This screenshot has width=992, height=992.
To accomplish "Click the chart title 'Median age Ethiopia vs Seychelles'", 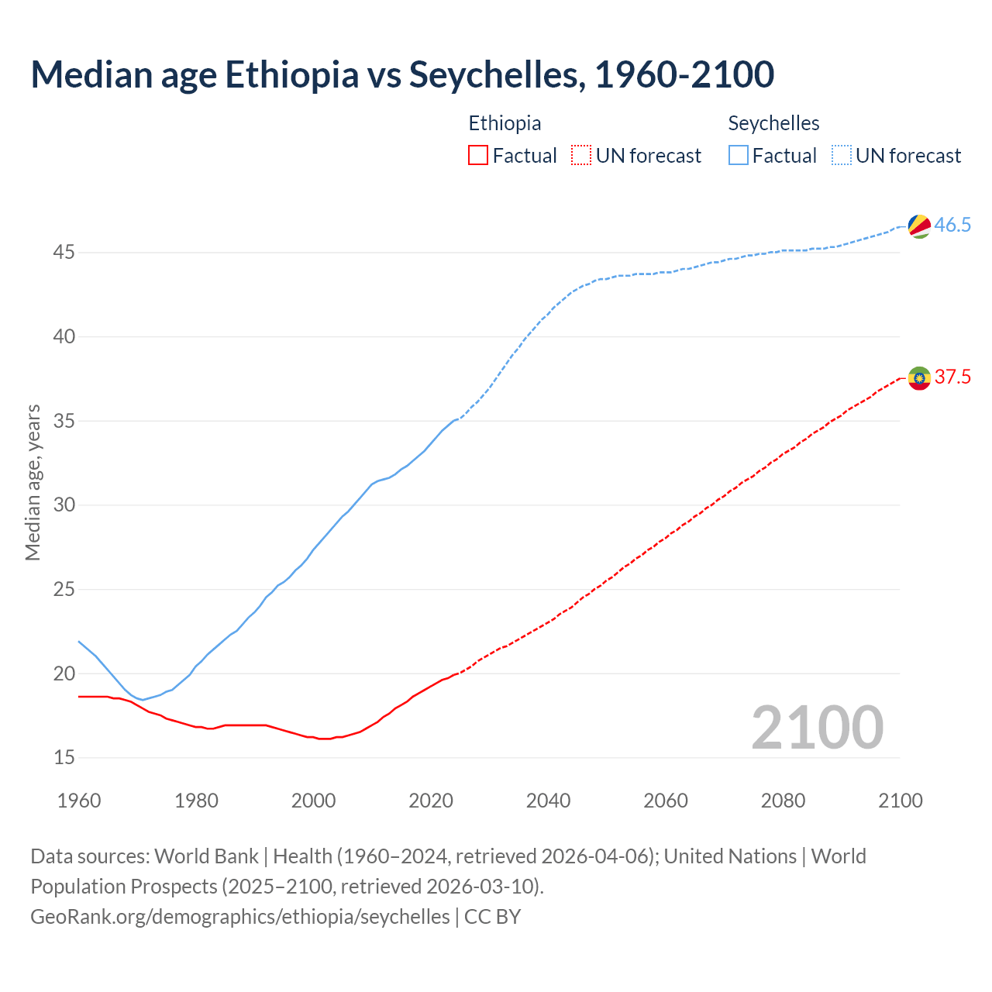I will [x=401, y=74].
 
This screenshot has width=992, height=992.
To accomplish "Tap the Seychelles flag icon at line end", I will [x=919, y=226].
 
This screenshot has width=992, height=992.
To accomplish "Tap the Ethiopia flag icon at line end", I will [x=919, y=378].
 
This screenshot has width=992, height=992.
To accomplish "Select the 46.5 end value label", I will [x=952, y=226].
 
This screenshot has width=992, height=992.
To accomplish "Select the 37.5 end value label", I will [x=952, y=377].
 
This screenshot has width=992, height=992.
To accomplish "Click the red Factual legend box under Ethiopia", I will [x=478, y=156].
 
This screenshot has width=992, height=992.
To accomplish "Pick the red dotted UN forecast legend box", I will [x=581, y=156].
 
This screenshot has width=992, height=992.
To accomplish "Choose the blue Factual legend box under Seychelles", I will [x=739, y=156].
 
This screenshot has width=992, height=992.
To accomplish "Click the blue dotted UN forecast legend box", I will [x=842, y=156].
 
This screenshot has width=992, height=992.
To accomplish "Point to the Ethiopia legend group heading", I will [x=505, y=123].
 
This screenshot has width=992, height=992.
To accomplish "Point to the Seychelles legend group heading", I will [x=773, y=123].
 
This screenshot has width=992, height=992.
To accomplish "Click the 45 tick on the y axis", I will [x=64, y=253].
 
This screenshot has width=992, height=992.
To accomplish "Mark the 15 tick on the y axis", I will [x=64, y=757].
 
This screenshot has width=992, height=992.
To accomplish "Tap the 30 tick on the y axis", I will [x=64, y=505].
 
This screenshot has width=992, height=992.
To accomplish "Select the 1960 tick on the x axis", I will [x=79, y=801].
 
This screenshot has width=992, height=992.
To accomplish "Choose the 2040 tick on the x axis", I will [x=548, y=801].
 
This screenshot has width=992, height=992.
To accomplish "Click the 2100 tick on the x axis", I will [x=900, y=801].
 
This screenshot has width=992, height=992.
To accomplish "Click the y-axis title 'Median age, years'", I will [x=33, y=482].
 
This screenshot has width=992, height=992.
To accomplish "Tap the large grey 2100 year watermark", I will [x=817, y=727].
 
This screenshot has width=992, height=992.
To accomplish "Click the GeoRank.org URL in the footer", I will [x=239, y=917].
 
